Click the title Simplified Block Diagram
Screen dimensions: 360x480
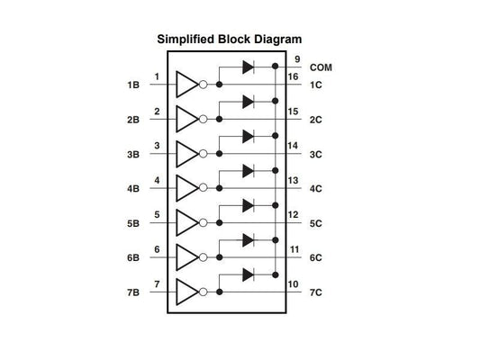pos(230,40)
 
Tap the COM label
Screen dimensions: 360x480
pos(322,67)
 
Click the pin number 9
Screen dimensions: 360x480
pos(296,59)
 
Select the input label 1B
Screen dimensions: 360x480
pos(133,85)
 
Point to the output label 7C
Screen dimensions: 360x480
pos(316,293)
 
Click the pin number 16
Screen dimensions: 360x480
pos(294,76)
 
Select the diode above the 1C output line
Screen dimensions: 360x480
pos(249,67)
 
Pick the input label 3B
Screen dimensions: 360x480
pos(133,154)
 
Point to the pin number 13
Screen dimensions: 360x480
pos(294,180)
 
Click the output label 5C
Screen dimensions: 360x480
pos(316,224)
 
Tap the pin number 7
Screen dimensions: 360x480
pos(158,284)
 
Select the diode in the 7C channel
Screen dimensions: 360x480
pos(249,274)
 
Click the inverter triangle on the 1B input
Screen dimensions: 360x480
pos(186,85)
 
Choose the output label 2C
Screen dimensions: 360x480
pos(316,120)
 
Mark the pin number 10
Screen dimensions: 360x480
pos(294,284)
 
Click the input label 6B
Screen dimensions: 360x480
pos(133,258)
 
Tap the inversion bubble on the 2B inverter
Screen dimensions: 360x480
pos(204,120)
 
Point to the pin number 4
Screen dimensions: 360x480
pos(158,180)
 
